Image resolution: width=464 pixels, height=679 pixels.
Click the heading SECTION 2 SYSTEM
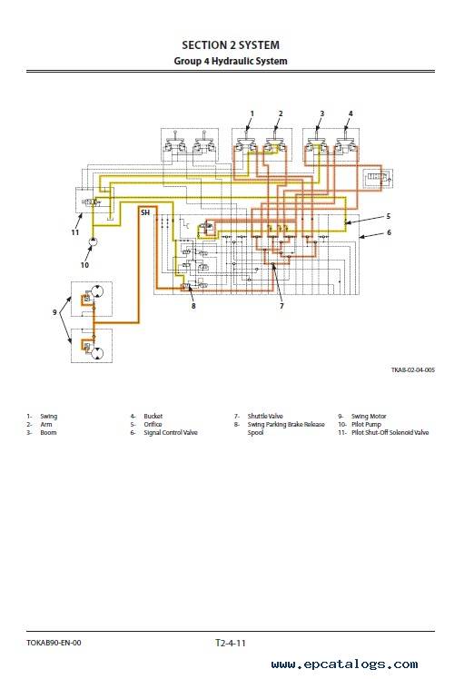tap(231, 45)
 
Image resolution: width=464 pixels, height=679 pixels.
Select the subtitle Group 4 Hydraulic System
tap(231, 61)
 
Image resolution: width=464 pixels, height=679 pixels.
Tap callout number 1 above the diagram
tap(252, 113)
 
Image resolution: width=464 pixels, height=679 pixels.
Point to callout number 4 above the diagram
tap(350, 113)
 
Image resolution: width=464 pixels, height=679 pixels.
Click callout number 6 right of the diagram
tap(389, 232)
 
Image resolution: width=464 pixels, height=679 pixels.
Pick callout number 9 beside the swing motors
tap(54, 312)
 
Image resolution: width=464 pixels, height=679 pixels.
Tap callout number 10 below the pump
tap(84, 265)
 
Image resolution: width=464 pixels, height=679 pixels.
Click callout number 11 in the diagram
tap(75, 232)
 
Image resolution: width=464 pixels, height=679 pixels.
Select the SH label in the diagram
tap(145, 212)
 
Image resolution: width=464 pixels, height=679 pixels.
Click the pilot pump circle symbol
tap(94, 241)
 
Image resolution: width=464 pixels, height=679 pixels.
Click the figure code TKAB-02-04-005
tap(413, 369)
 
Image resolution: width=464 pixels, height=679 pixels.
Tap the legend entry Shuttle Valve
tap(265, 416)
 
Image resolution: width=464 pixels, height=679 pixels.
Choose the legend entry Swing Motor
tap(369, 416)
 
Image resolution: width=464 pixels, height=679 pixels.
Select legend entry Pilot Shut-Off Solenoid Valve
tap(390, 432)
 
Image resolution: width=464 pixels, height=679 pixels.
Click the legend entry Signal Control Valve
tap(171, 432)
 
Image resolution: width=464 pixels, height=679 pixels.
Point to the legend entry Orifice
tap(153, 425)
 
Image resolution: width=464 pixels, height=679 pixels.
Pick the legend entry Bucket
tap(153, 416)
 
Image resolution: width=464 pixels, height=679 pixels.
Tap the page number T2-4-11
tap(231, 643)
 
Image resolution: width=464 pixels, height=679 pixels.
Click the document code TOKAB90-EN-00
tap(54, 643)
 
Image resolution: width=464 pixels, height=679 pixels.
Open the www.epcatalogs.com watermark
tap(345, 664)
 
